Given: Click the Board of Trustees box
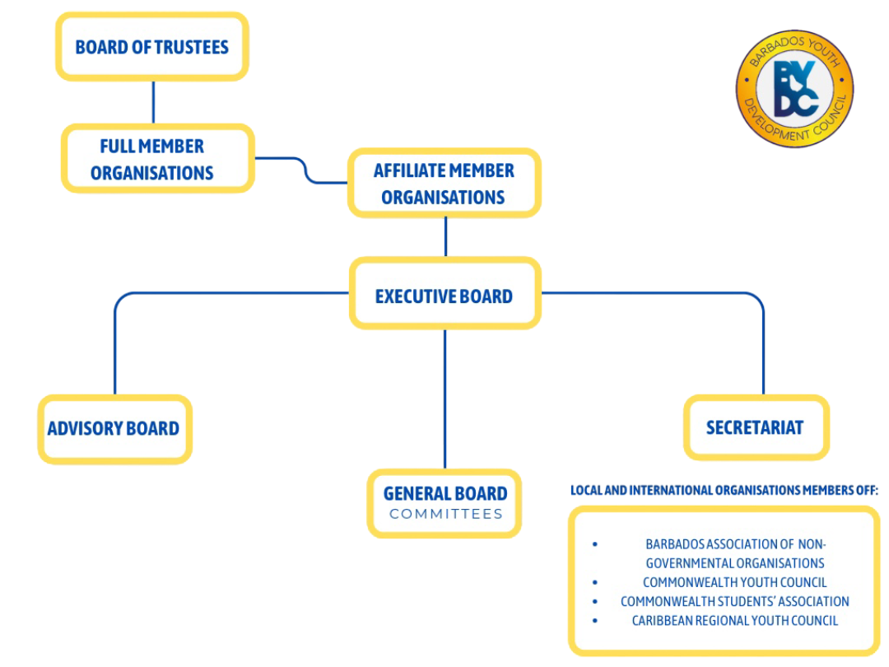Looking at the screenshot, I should coord(151,47).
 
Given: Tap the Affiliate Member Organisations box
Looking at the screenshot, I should coord(444,184).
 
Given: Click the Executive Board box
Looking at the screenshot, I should coord(444,295).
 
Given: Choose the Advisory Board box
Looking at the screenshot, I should coord(114,428).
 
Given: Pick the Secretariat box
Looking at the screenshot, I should coord(756,427).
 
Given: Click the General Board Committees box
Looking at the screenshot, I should coord(444,503).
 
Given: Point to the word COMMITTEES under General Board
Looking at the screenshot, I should coord(445,515).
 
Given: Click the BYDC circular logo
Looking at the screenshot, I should coord(794,88).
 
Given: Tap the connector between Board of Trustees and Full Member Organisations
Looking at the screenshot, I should coord(153,102).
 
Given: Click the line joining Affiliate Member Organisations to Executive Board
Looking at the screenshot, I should coord(445,237).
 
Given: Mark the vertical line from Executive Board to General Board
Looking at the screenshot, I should coord(444,399).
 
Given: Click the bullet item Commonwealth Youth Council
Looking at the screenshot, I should coord(734,582).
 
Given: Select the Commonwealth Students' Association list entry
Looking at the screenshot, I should coord(734,601).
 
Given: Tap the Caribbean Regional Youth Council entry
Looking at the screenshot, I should coord(734,620).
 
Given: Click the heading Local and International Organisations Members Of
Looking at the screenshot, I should coord(724,491).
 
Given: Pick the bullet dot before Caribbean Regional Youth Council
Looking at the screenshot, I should coord(595,620).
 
